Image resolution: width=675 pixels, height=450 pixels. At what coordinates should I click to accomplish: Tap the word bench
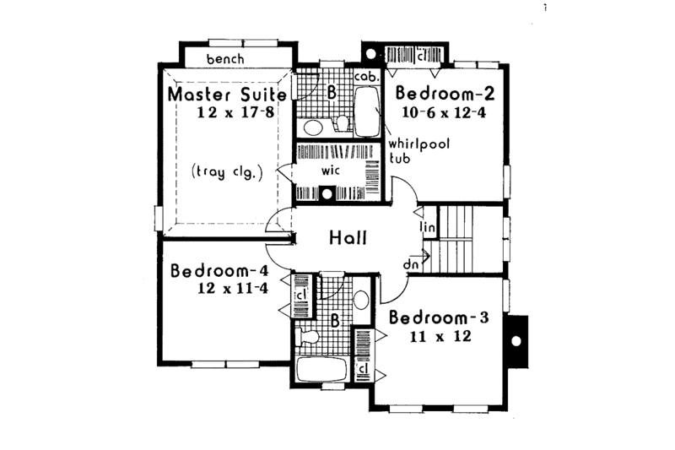(x=224, y=59)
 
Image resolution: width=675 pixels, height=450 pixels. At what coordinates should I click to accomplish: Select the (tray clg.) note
(x=228, y=171)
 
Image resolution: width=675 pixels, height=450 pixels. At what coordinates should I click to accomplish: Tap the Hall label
(x=348, y=239)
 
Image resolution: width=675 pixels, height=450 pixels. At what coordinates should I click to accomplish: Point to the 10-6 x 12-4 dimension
(x=443, y=111)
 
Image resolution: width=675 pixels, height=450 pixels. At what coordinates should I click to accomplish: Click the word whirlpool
(x=418, y=144)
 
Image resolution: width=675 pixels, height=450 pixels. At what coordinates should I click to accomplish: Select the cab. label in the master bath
(x=364, y=76)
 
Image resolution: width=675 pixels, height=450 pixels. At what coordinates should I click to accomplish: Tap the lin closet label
(x=427, y=228)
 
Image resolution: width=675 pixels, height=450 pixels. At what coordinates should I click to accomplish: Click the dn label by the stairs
(x=411, y=263)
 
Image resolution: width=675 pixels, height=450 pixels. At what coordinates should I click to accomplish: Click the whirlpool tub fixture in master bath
(x=367, y=114)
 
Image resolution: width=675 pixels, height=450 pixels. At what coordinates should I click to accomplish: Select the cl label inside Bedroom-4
(x=300, y=294)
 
